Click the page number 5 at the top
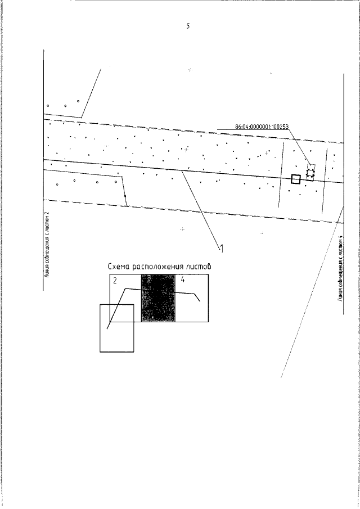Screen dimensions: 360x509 (188, 26)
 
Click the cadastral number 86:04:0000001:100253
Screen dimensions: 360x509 (262, 127)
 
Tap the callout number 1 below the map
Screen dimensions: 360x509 (222, 249)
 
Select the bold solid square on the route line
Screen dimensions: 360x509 (296, 179)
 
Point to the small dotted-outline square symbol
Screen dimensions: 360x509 (310, 173)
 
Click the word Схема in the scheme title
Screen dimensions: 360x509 (119, 267)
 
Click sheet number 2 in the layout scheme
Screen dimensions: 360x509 (115, 281)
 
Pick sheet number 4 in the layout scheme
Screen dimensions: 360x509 (182, 280)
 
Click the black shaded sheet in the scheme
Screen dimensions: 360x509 (159, 298)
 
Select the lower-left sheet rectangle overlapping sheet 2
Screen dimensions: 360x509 (100, 328)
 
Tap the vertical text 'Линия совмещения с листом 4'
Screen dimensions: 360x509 (340, 268)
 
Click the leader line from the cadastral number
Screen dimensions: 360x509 (300, 146)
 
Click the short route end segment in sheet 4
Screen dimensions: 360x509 (197, 298)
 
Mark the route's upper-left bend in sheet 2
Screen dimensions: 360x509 (126, 289)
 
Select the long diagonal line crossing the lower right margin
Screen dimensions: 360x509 (312, 291)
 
